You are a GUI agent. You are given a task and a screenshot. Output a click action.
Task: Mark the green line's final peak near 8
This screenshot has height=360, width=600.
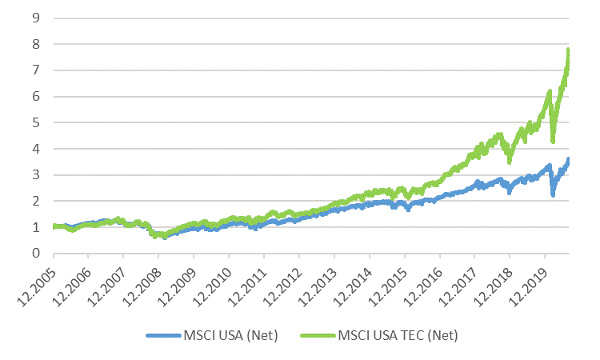(x=568, y=50)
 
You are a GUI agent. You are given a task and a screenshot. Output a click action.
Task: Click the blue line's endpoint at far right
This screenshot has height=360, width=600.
(x=568, y=160)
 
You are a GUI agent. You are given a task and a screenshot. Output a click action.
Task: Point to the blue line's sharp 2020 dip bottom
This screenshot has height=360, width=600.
(x=553, y=194)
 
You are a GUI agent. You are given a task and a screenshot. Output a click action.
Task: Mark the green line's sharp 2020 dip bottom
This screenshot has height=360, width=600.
(x=553, y=140)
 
